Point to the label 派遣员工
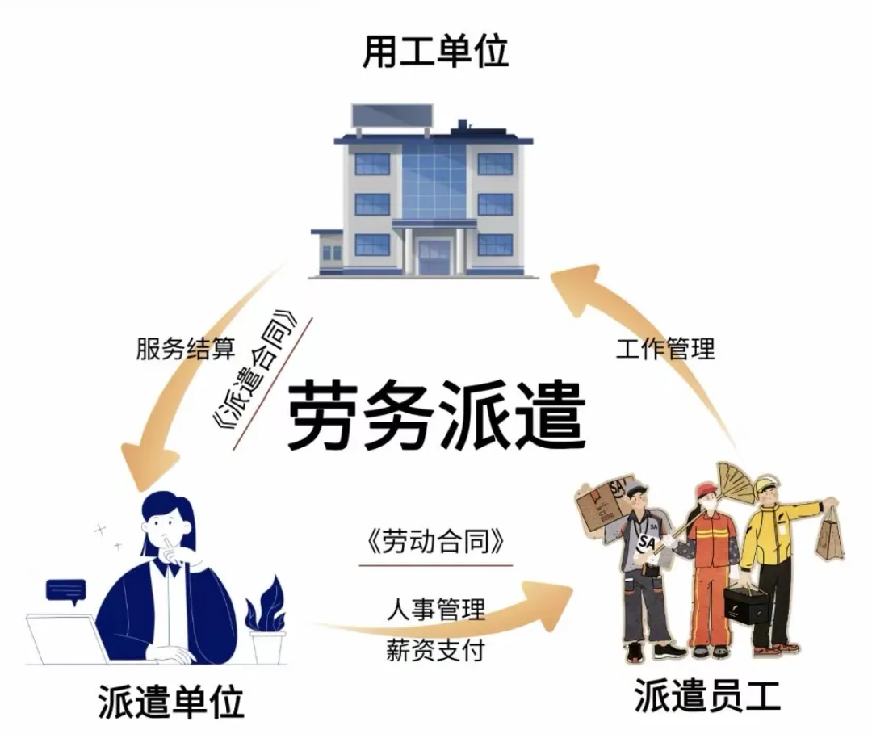[707, 694]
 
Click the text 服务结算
[185, 349]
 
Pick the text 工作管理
[665, 349]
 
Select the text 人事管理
[436, 609]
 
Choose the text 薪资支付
[436, 650]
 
